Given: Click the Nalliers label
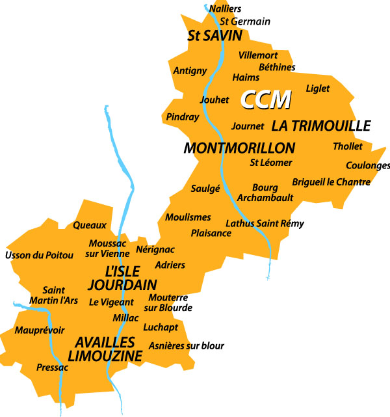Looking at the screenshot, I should [226, 8].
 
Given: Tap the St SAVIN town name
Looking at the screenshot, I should [214, 36].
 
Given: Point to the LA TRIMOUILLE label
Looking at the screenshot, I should [321, 126].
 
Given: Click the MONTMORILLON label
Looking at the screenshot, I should [239, 148].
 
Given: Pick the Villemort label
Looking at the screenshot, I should [258, 55].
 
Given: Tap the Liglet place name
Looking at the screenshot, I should [318, 88].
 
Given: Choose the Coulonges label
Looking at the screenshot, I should [368, 165].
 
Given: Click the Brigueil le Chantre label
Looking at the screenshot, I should [331, 182].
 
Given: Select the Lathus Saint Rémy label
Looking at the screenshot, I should [265, 223].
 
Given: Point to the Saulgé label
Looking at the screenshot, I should [205, 189].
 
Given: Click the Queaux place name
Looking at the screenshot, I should [90, 225].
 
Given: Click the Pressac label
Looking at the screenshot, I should [52, 368].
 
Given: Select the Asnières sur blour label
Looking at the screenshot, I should [187, 346].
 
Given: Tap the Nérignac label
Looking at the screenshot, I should [155, 249].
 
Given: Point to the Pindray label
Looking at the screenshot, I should [183, 117].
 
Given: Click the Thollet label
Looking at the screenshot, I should [348, 146].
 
